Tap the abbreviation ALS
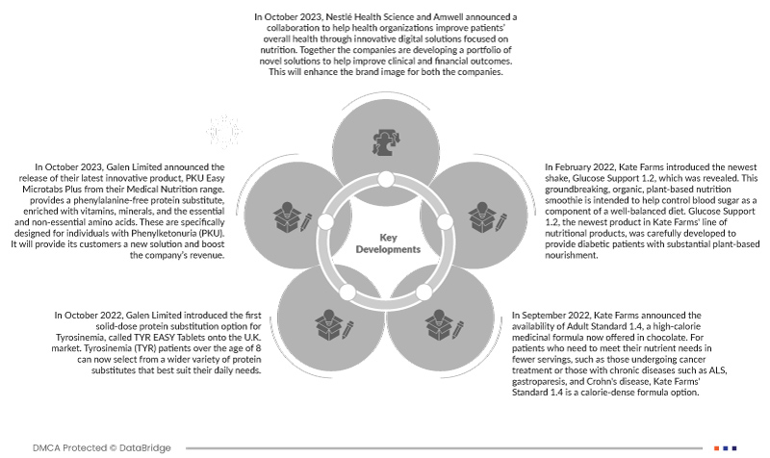[710, 369]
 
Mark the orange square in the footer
[717, 447]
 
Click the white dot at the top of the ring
[385, 180]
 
